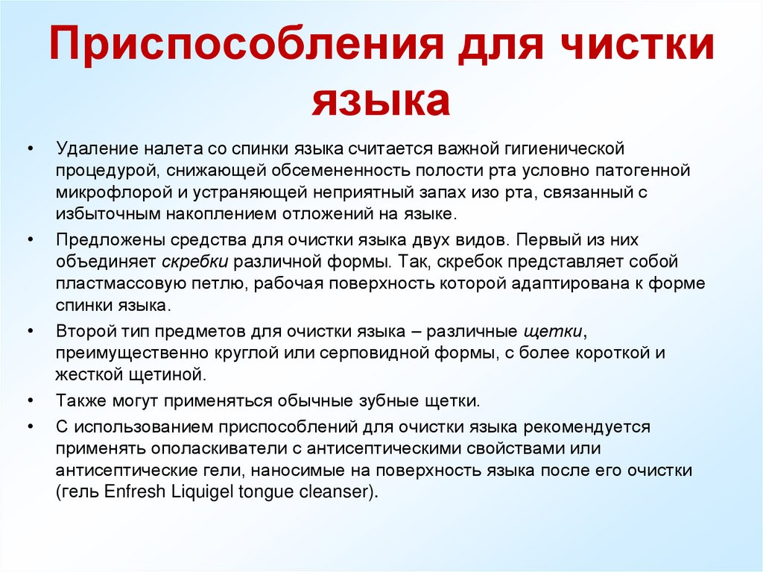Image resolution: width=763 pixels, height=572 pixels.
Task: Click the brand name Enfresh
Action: tap(124, 492)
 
